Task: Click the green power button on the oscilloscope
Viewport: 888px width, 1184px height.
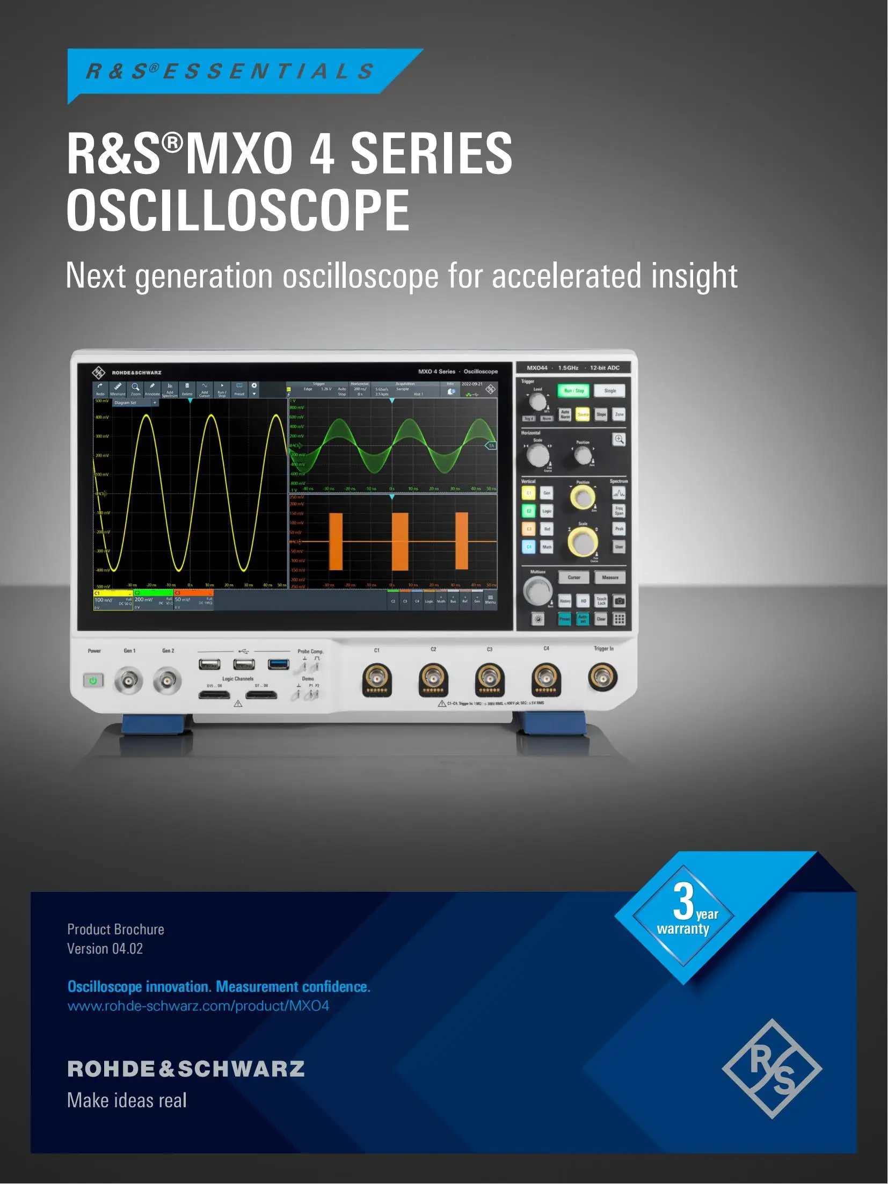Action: tap(93, 681)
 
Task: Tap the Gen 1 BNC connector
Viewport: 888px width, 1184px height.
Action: tap(128, 681)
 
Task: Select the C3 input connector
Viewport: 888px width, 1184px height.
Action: tap(490, 679)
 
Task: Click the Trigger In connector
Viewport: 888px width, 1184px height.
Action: tap(602, 677)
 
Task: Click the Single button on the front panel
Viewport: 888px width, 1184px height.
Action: tap(610, 391)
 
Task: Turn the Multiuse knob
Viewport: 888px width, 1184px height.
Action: tap(537, 591)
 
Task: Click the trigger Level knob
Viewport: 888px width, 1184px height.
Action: tap(537, 402)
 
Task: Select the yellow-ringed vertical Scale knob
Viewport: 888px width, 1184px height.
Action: tap(583, 541)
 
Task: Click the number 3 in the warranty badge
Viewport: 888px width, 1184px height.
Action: tap(683, 902)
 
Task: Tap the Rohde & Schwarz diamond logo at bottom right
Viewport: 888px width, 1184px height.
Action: tap(772, 1069)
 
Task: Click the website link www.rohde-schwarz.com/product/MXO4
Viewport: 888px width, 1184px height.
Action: tap(198, 1006)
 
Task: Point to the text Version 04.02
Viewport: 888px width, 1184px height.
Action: tap(105, 949)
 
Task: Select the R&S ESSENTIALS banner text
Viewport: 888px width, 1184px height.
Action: tap(230, 71)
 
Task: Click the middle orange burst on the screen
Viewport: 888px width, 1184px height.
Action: tap(399, 541)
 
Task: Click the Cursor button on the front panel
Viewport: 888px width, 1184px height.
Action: tap(574, 578)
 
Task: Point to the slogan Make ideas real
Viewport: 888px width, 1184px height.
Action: tap(127, 1100)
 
